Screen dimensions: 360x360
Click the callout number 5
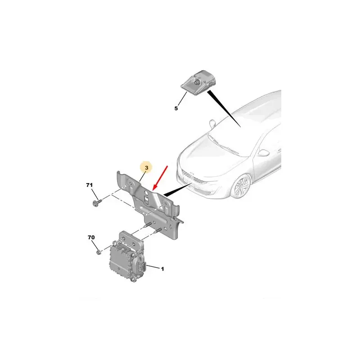(x=176, y=108)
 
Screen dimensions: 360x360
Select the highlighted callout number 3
(x=147, y=167)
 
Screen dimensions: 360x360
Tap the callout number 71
(x=89, y=185)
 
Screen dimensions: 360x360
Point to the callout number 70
(x=91, y=237)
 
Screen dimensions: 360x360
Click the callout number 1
(x=162, y=269)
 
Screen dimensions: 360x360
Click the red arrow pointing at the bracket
(x=160, y=178)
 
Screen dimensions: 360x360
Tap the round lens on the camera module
(x=197, y=82)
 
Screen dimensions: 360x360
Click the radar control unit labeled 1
(x=127, y=257)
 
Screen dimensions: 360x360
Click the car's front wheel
(x=242, y=186)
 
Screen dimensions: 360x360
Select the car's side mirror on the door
(x=263, y=153)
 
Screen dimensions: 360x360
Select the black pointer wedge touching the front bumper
(x=177, y=190)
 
